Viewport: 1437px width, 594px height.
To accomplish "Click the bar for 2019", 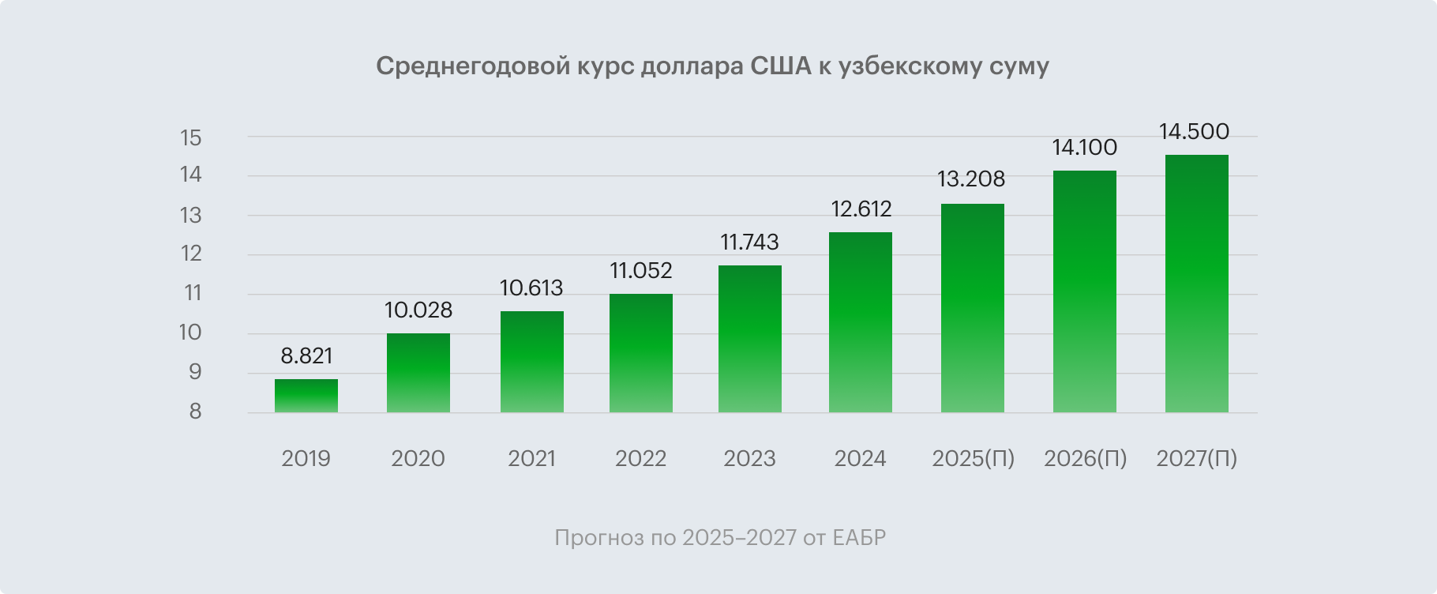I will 306,396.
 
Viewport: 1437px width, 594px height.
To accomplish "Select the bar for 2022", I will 641,353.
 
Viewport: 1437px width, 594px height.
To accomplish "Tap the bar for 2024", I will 861,322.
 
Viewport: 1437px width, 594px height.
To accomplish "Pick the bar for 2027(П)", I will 1197,284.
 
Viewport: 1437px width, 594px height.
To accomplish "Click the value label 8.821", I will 306,356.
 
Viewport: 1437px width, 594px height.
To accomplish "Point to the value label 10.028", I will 418,310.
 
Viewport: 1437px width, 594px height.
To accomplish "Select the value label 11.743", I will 750,242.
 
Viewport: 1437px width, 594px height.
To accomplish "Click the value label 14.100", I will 1084,147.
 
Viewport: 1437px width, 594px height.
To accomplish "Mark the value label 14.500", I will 1194,131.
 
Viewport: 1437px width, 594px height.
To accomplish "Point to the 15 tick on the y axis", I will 191,138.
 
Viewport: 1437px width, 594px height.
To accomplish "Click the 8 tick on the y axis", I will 194,412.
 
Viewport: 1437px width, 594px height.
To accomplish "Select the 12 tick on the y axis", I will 191,254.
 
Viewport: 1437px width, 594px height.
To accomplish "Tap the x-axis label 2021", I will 532,459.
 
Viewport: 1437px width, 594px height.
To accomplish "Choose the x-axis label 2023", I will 750,459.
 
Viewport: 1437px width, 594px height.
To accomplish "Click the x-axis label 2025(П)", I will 973,459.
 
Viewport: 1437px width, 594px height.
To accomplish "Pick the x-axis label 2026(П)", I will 1085,459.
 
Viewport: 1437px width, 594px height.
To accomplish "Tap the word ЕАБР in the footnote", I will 859,538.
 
